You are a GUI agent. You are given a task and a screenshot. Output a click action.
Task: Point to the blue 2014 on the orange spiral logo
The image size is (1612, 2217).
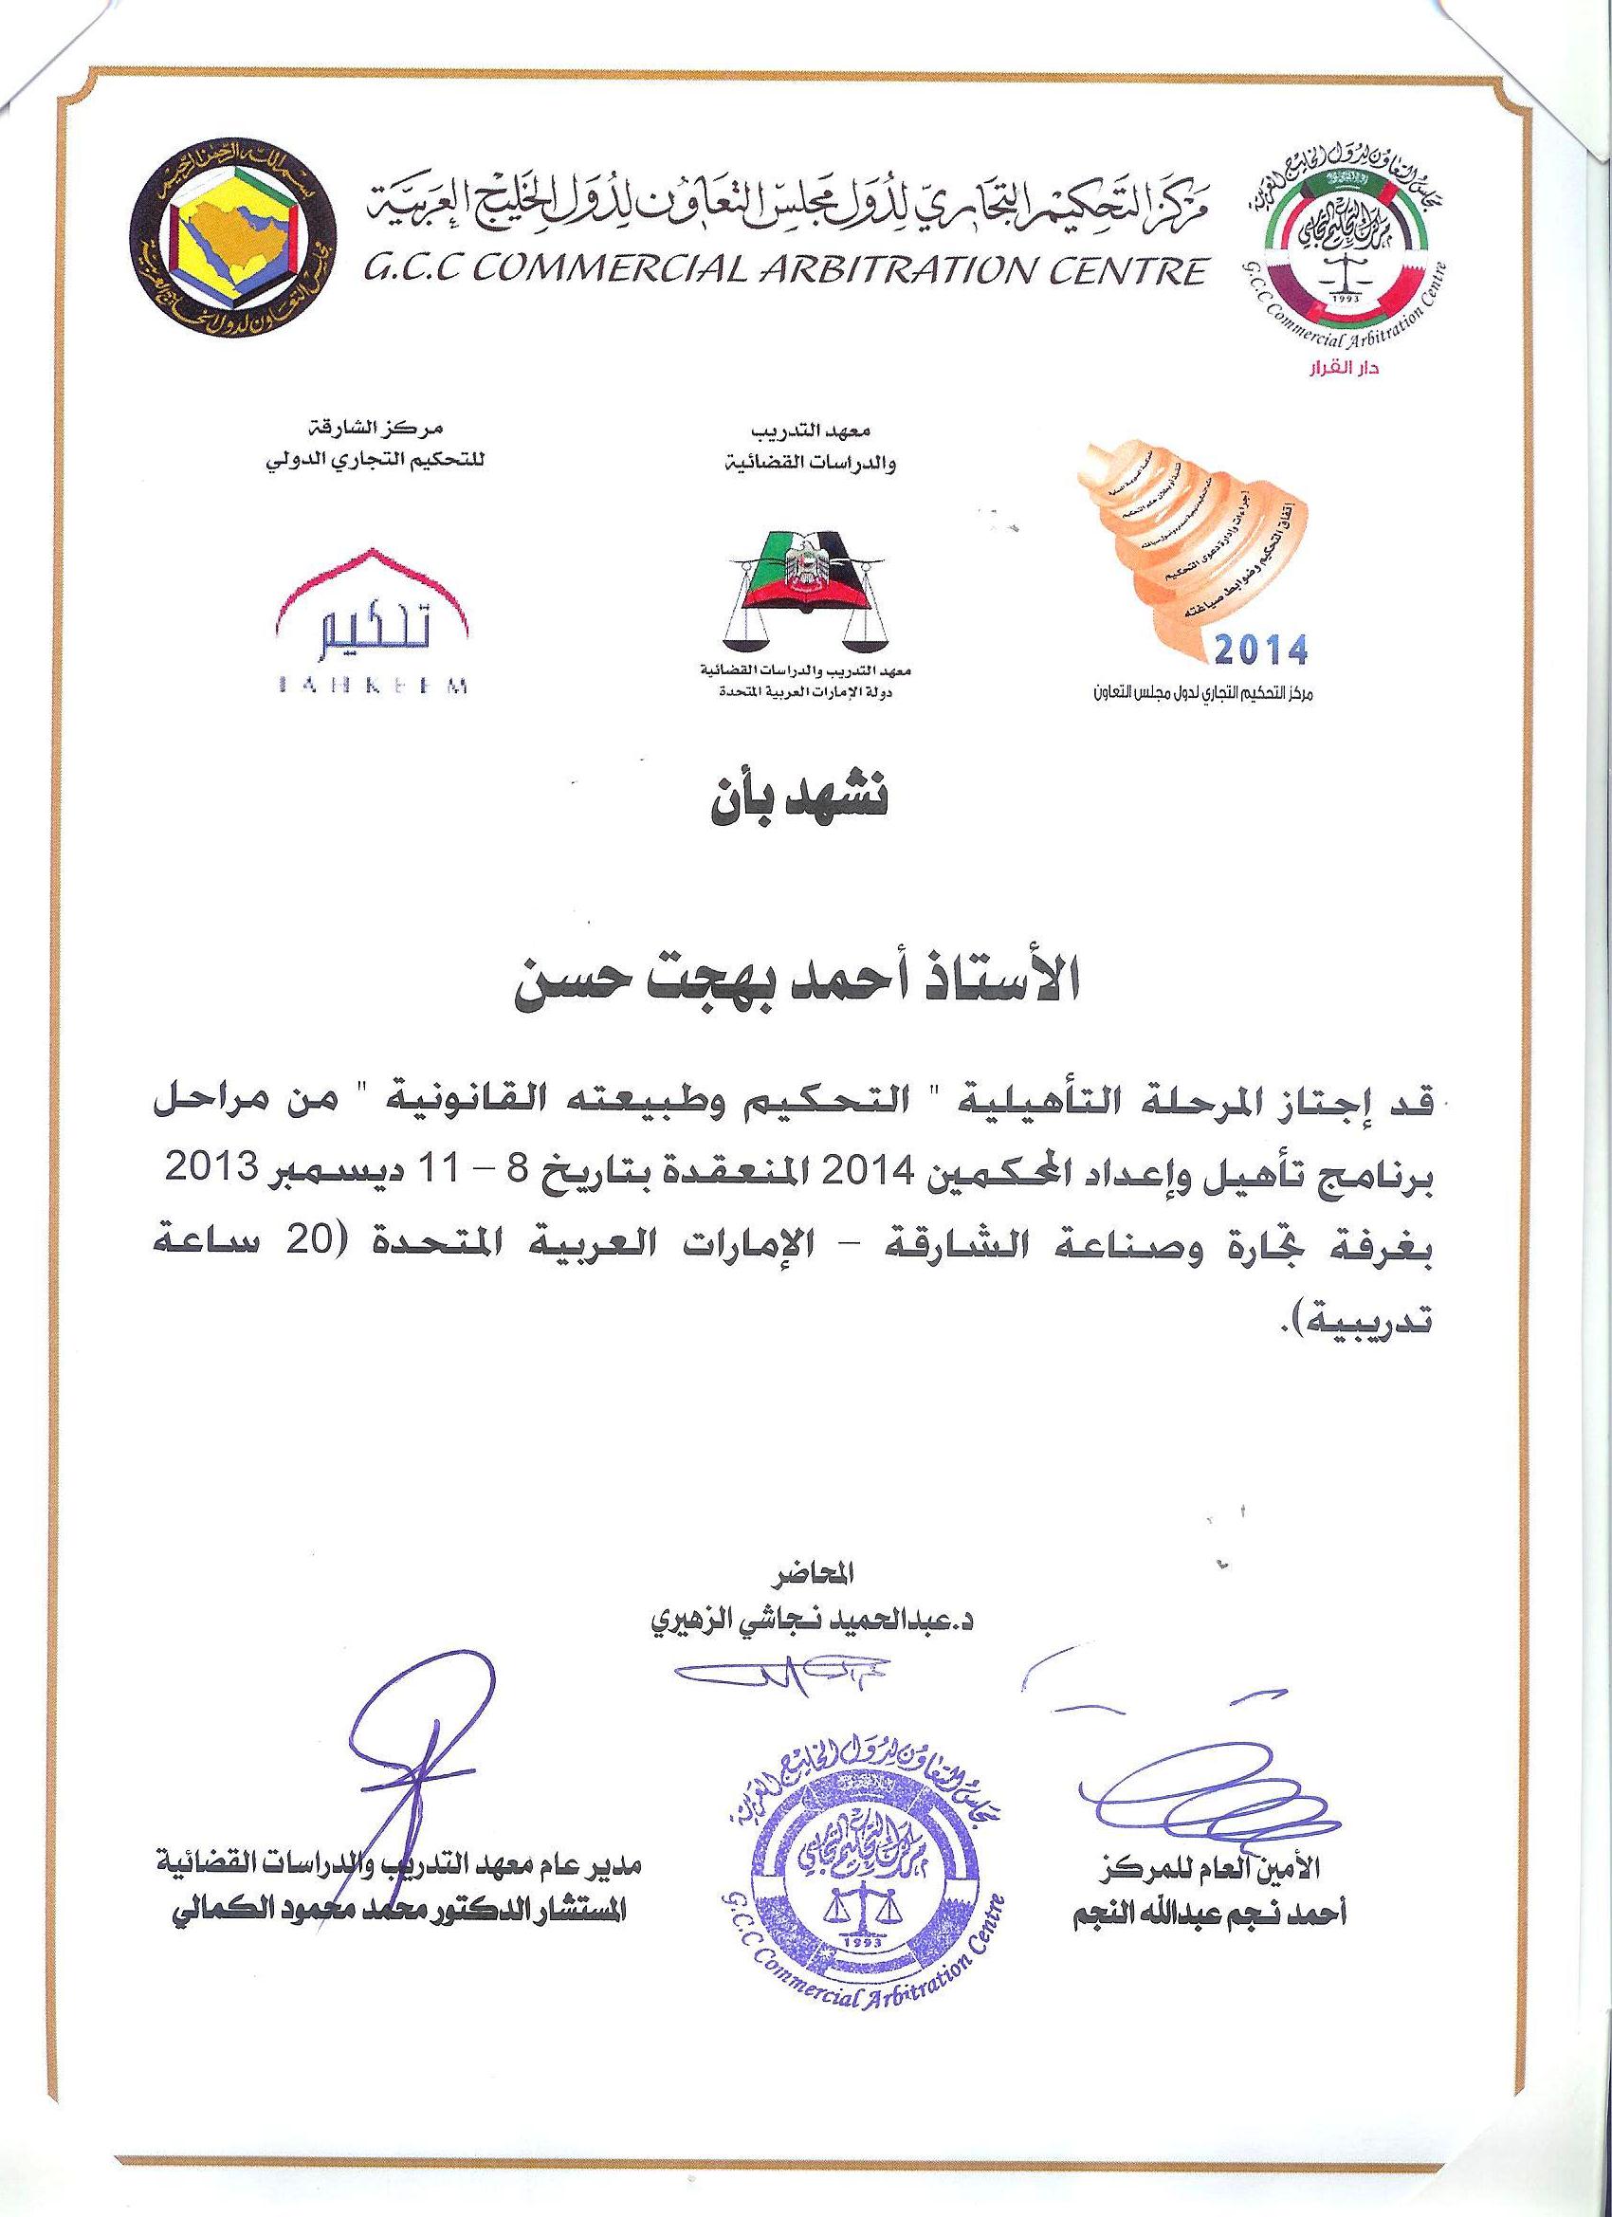pyautogui.click(x=1261, y=648)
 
